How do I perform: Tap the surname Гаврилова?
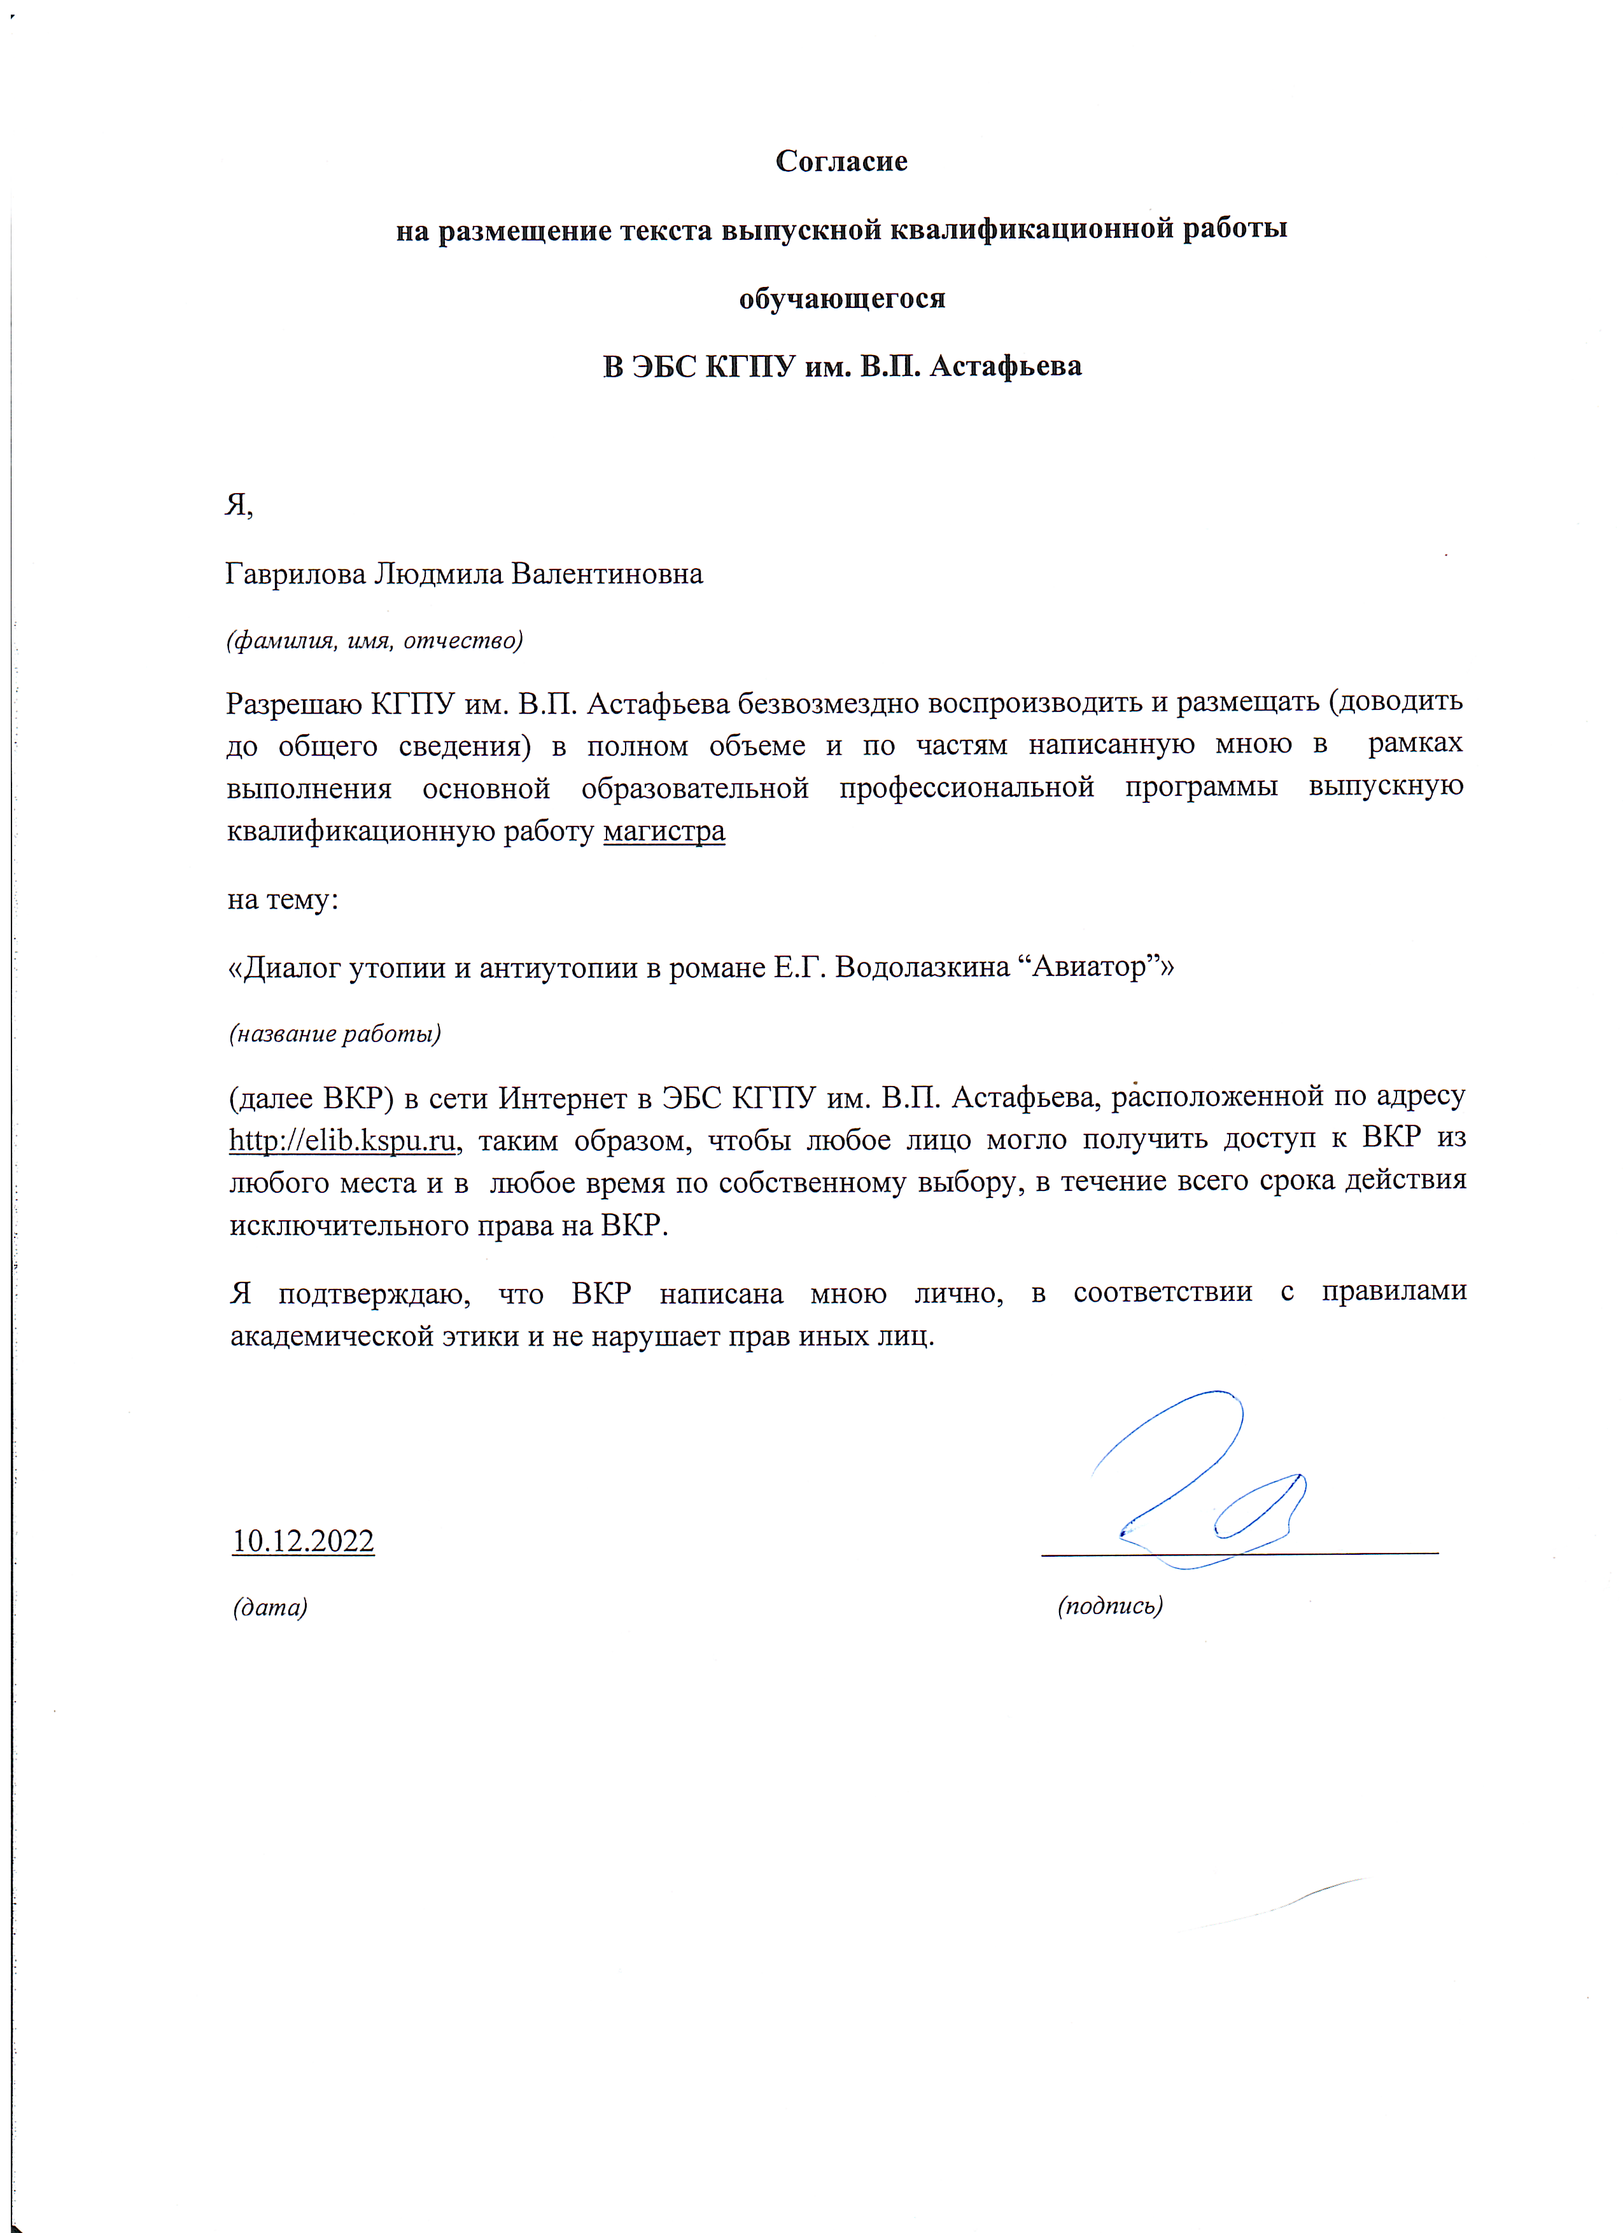[295, 573]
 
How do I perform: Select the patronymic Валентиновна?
[608, 573]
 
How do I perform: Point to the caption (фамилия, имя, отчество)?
[374, 641]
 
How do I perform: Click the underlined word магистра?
[664, 831]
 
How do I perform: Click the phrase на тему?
[283, 899]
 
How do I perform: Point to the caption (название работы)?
[335, 1034]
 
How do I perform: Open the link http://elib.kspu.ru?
[342, 1140]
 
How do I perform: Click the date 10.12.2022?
[304, 1541]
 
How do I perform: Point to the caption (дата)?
[270, 1607]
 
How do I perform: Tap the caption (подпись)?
[1110, 1606]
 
